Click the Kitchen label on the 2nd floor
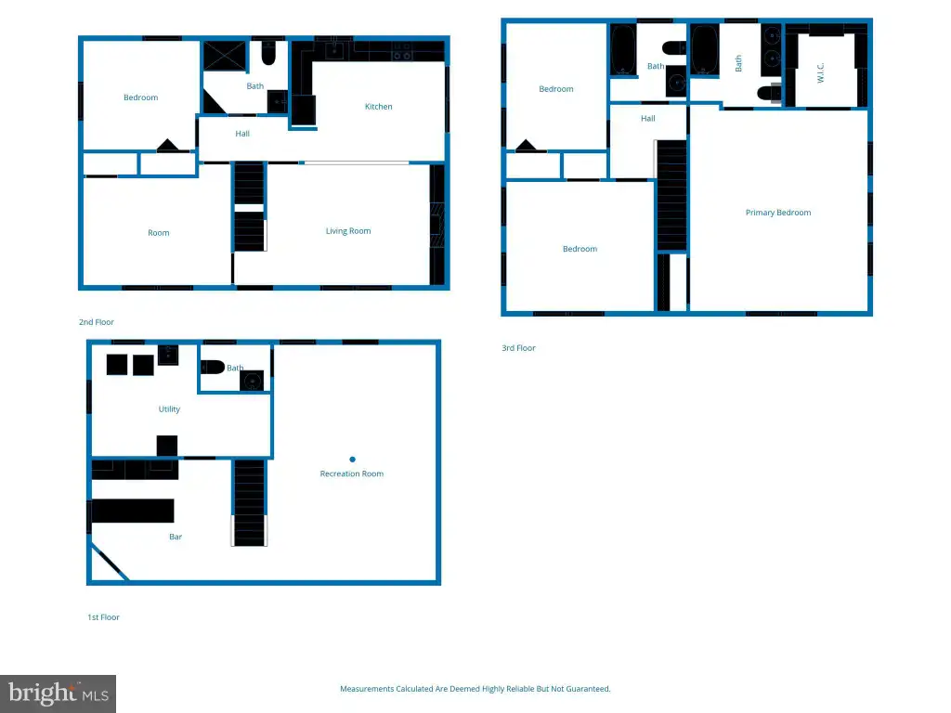(379, 107)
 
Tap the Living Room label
(348, 231)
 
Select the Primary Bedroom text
(778, 213)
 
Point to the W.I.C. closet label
(820, 72)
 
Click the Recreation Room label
(352, 473)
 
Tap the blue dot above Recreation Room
(352, 460)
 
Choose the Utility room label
(169, 409)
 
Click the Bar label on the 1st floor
(176, 537)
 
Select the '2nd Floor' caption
(97, 322)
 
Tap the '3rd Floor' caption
(518, 348)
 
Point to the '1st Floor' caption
(103, 617)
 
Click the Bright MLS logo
(59, 694)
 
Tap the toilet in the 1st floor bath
(213, 367)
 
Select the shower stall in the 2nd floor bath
(225, 56)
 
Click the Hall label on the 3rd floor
(647, 119)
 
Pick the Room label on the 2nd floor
(158, 233)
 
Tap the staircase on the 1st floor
(249, 502)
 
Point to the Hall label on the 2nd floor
(242, 134)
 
